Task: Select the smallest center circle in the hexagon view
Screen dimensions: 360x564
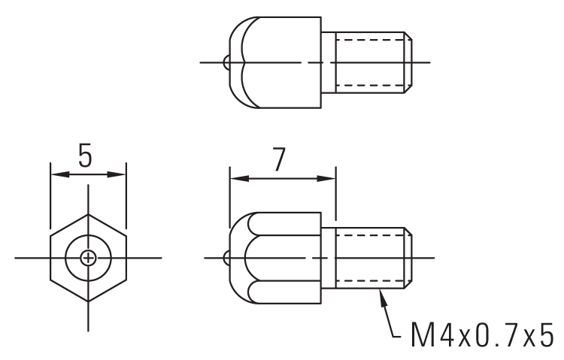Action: point(88,258)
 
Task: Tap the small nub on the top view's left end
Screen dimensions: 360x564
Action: point(226,61)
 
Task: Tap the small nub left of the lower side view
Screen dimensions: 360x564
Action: point(226,258)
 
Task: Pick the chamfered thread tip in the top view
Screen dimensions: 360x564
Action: point(408,61)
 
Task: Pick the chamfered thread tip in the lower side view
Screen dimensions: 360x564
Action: point(408,258)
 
